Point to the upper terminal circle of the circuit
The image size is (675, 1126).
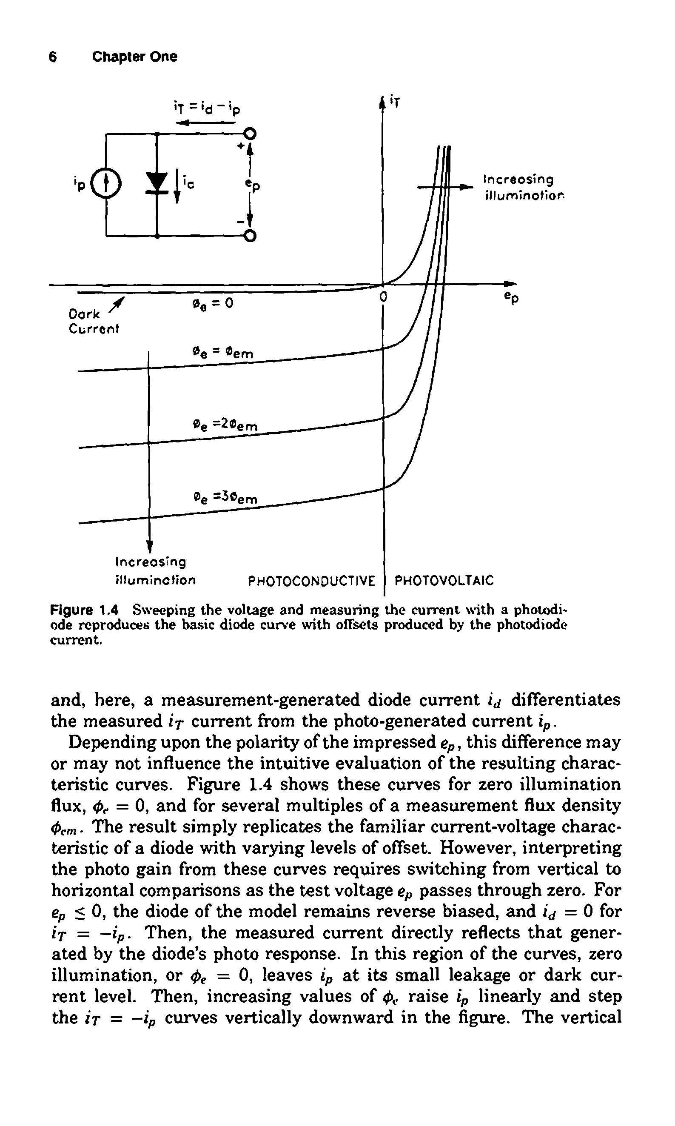[x=250, y=134]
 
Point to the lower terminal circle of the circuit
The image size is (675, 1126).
[x=250, y=236]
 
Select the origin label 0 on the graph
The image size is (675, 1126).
[x=383, y=297]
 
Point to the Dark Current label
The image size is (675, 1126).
[x=93, y=321]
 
